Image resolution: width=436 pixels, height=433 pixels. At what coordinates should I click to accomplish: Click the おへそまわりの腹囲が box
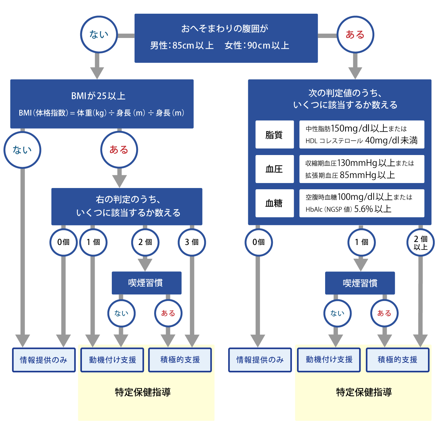coord(226,38)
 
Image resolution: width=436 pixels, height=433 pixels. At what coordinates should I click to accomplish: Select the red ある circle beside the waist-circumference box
coord(355,35)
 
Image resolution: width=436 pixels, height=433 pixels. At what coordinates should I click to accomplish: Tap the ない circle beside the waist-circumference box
coord(99,35)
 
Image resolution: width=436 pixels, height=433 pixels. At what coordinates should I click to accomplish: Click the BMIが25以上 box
coord(102,104)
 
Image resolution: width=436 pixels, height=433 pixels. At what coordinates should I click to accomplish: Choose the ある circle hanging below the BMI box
coord(119,150)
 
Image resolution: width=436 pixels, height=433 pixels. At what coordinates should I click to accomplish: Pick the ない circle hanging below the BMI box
coord(22,150)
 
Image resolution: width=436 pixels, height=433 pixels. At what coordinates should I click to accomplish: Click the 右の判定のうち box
coord(127,206)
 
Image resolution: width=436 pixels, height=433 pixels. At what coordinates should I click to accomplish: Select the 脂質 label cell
coord(274,134)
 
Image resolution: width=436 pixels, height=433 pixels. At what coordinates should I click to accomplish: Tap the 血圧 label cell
coord(274,169)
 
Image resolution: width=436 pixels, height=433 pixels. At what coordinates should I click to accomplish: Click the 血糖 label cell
coord(274,203)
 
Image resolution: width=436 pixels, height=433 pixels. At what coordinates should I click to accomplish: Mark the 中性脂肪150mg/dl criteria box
coord(362,134)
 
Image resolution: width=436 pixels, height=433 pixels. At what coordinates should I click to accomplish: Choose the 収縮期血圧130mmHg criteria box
coord(362,169)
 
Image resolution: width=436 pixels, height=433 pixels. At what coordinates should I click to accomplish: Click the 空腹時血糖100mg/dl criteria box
coord(362,203)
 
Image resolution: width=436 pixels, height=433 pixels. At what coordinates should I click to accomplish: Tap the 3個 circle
coord(192,242)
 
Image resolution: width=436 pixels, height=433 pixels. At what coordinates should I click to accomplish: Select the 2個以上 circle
coord(420,242)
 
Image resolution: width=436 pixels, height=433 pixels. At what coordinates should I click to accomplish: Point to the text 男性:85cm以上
coord(182,46)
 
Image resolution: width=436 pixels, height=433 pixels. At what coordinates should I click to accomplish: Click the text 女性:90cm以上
coord(257,46)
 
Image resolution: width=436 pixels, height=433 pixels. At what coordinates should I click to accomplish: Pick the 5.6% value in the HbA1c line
coord(363,209)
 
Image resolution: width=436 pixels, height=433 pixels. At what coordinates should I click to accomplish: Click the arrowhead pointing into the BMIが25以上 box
coord(97,73)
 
